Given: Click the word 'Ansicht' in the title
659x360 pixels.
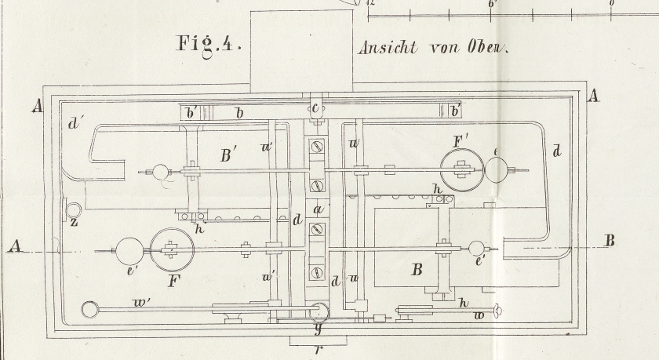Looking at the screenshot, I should point(389,47).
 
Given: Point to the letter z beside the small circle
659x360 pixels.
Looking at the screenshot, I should point(74,224).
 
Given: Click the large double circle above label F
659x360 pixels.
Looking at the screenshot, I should point(172,250).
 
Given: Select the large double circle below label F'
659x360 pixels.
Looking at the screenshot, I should point(461,169).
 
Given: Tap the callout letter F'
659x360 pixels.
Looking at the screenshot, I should point(461,142).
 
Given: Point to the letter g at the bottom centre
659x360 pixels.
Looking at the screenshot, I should point(319,329).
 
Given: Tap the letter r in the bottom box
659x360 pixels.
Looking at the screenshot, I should point(317,349).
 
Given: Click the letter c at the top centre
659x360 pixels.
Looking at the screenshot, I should point(315,107).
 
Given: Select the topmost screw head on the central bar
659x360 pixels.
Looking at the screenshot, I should point(317,145).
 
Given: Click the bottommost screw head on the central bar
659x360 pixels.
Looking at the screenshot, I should point(317,272).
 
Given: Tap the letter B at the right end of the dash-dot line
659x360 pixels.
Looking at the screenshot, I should point(609,241).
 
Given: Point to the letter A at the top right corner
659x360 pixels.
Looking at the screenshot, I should point(593,96).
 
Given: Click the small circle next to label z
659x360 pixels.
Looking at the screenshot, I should point(73,210).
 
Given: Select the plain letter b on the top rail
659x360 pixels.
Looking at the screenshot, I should point(239,114).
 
